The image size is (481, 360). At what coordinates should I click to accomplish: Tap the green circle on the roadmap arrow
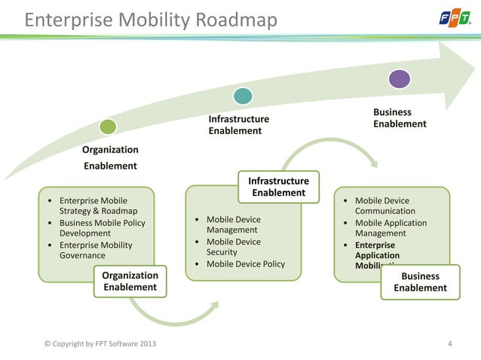pyautogui.click(x=109, y=127)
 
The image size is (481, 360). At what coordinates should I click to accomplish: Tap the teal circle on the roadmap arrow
pyautogui.click(x=243, y=96)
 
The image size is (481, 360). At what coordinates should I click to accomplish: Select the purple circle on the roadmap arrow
pyautogui.click(x=400, y=78)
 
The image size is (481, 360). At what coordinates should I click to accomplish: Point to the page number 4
pyautogui.click(x=450, y=345)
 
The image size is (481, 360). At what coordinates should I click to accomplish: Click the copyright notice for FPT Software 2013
pyautogui.click(x=102, y=345)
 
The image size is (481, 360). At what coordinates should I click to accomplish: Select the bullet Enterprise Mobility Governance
pyautogui.click(x=95, y=250)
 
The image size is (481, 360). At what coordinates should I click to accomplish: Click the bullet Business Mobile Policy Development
pyautogui.click(x=101, y=228)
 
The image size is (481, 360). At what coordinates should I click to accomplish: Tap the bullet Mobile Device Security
pyautogui.click(x=233, y=247)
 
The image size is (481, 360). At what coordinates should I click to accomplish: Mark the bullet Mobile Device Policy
pyautogui.click(x=245, y=264)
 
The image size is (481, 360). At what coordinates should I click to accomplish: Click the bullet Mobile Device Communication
pyautogui.click(x=384, y=206)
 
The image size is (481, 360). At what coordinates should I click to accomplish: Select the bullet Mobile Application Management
pyautogui.click(x=390, y=228)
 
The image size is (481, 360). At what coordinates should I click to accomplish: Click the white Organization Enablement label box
pyautogui.click(x=130, y=281)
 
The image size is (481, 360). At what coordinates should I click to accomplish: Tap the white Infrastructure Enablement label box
pyautogui.click(x=278, y=187)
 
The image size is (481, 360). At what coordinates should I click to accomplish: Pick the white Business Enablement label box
pyautogui.click(x=420, y=282)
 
